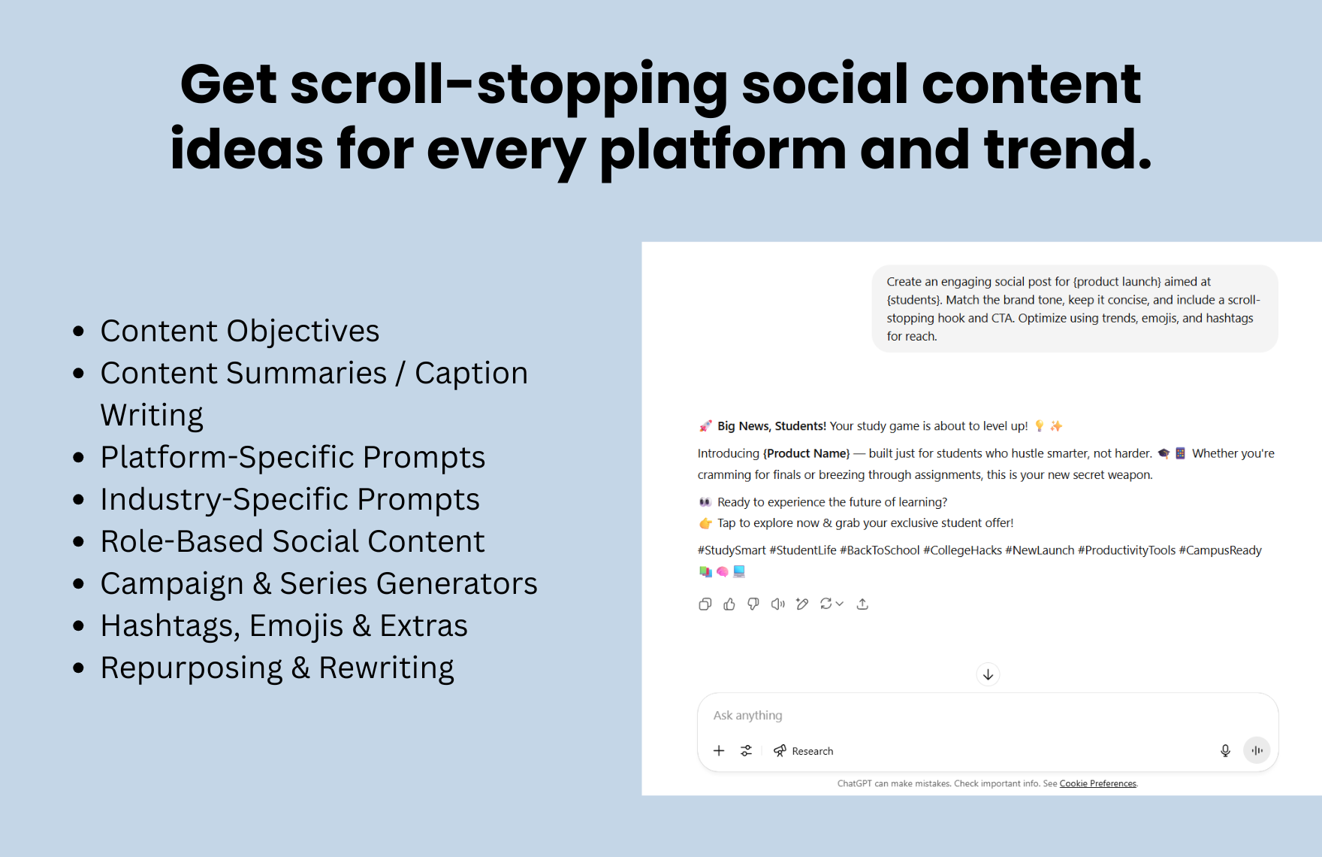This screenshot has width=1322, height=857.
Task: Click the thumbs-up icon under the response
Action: coord(729,604)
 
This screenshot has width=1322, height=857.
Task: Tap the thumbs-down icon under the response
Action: coord(753,604)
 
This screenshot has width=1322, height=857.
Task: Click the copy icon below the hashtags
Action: coord(705,604)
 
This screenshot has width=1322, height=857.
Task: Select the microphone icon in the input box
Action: coord(1225,750)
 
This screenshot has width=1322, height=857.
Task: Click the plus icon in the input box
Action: coord(719,750)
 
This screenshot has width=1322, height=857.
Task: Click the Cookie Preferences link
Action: coord(1097,783)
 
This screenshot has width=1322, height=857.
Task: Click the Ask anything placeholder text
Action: coord(747,716)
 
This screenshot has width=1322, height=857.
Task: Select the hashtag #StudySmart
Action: coord(732,550)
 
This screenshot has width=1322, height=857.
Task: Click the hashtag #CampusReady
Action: coord(1220,550)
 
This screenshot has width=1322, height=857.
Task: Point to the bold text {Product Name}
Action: coord(806,453)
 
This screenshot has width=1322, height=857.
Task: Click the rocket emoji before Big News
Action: coord(705,426)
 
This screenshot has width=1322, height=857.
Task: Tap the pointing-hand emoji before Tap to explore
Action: coord(705,523)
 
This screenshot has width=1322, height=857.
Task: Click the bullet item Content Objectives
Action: coord(240,331)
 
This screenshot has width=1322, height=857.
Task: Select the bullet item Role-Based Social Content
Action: coord(292,541)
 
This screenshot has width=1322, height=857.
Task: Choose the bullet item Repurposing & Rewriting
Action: coord(277,668)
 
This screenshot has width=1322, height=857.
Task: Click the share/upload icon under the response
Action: coord(862,604)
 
